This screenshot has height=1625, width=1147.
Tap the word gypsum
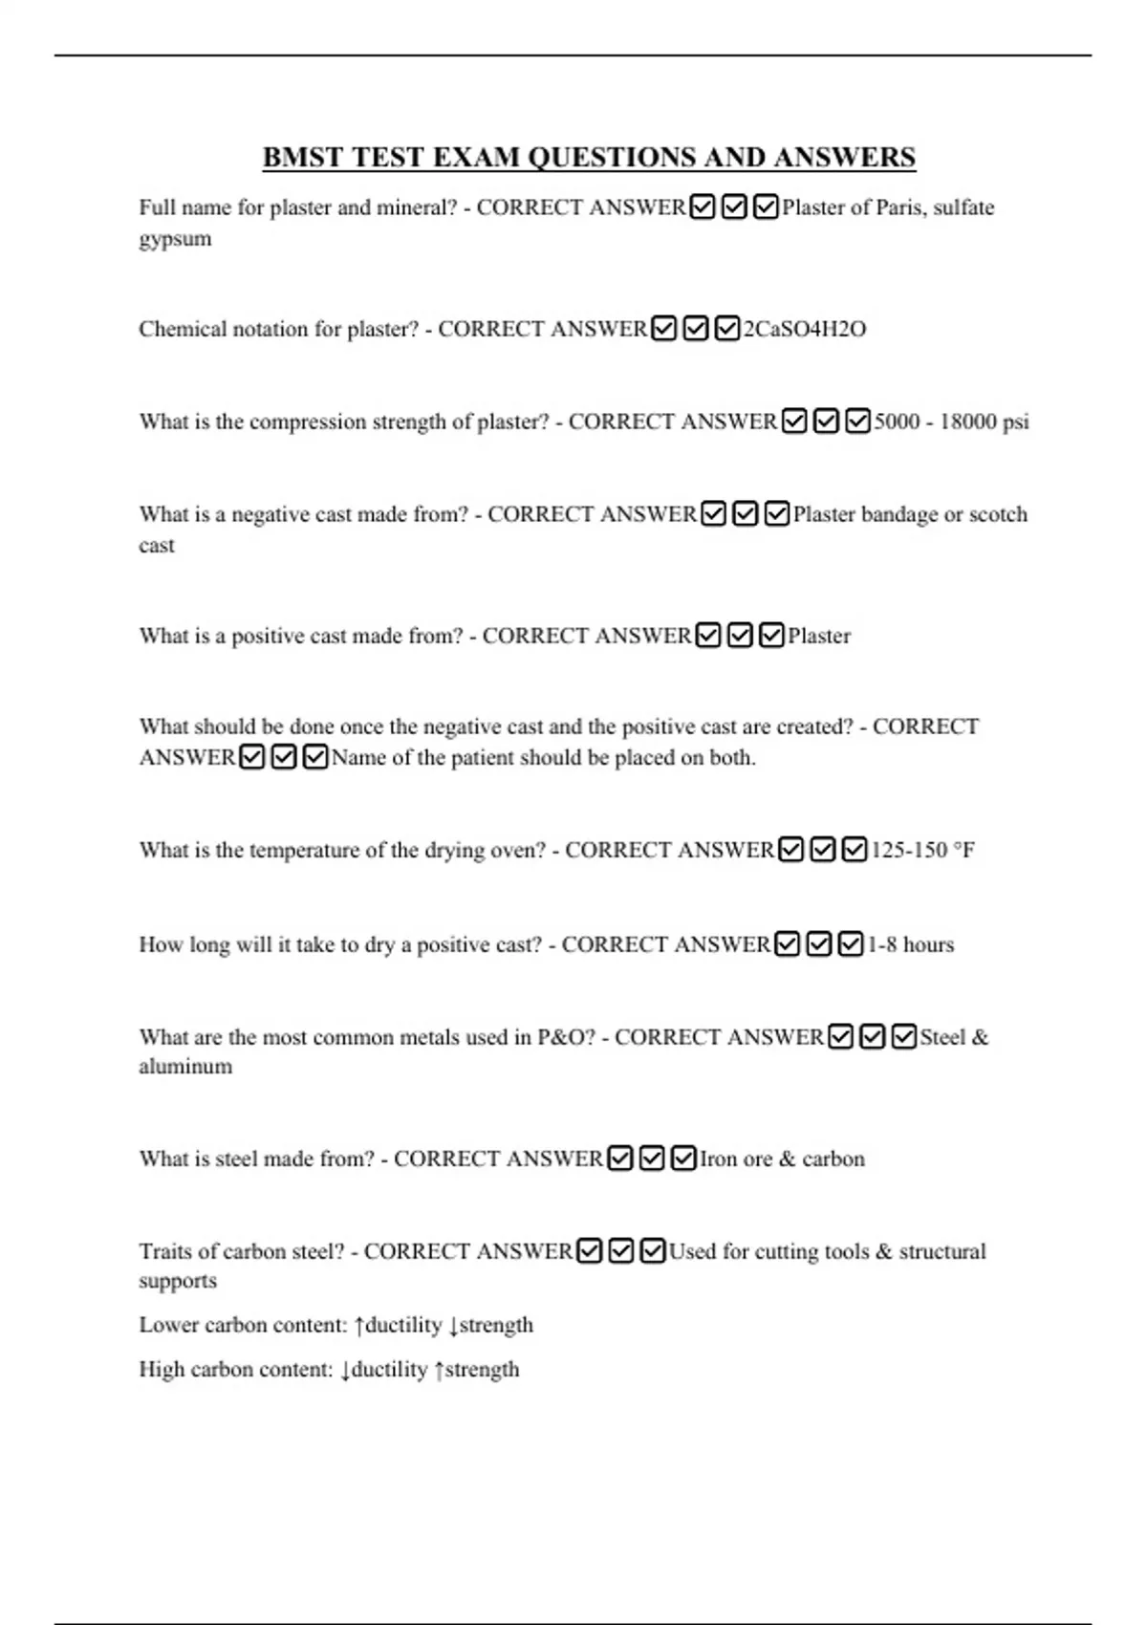[x=175, y=239]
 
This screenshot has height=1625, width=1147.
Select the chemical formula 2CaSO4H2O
[x=805, y=330]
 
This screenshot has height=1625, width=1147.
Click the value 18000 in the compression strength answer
[x=967, y=422]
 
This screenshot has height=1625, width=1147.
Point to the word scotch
[x=998, y=515]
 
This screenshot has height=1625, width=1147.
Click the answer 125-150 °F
[x=922, y=851]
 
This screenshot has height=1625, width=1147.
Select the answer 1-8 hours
[x=910, y=945]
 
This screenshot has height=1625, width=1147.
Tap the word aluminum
[x=185, y=1067]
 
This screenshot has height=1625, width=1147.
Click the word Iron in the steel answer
[x=718, y=1159]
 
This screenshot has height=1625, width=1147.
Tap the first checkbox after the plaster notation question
[x=664, y=330]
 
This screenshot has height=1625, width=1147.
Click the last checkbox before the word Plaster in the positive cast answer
[x=771, y=637]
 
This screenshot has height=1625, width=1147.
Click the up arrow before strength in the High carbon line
[x=440, y=1371]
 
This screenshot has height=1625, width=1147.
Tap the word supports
[x=178, y=1282]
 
